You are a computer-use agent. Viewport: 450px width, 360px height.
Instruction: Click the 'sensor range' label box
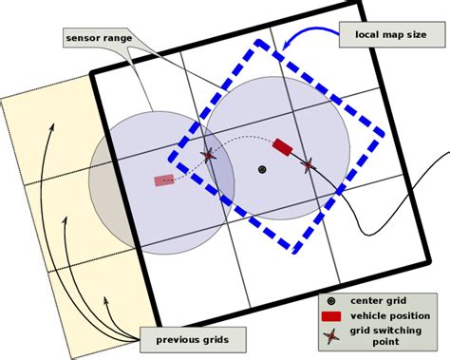pos(100,37)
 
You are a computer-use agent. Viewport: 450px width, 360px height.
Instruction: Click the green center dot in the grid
pos(262,170)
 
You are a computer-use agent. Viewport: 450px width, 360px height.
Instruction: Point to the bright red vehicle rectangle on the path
pos(283,146)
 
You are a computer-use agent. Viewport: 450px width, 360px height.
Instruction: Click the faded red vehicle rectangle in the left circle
pos(164,180)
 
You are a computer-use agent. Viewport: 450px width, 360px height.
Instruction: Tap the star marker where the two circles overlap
pos(208,156)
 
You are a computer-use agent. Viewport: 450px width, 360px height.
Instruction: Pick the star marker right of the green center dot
pos(307,164)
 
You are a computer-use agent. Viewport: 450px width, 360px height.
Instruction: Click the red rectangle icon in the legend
pos(330,315)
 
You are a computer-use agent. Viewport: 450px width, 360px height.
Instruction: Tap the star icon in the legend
pos(330,335)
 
